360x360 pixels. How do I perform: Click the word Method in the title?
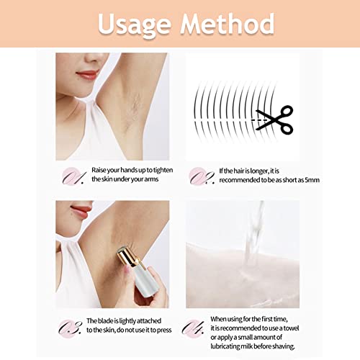(228, 23)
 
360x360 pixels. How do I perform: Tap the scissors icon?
(275, 120)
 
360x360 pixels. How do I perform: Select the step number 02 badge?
(201, 176)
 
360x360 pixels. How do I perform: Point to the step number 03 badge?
(70, 328)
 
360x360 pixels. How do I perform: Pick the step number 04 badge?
(193, 328)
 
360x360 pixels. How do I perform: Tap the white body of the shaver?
(144, 281)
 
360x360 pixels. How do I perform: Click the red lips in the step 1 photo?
(87, 75)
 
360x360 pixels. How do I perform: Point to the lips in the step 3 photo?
(81, 212)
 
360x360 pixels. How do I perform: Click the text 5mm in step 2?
(312, 180)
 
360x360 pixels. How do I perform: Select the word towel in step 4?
(291, 328)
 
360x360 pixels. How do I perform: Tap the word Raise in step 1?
(99, 170)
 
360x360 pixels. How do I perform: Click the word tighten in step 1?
(163, 170)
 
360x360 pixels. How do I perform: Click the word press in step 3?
(164, 330)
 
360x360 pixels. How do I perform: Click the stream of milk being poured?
(254, 238)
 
